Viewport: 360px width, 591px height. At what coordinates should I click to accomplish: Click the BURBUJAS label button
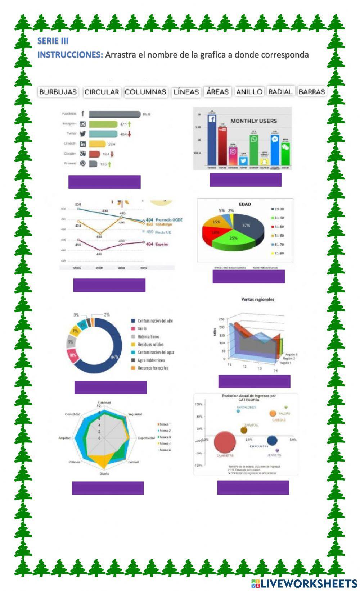pos(58,92)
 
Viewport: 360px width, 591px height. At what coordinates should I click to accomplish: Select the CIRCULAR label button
pos(102,92)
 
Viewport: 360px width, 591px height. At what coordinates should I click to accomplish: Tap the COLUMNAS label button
pos(145,92)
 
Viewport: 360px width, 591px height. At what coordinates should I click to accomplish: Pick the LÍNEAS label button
pos(186,92)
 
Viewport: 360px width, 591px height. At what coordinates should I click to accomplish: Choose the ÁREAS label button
pos(217,92)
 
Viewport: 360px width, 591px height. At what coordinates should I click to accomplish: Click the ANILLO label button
pos(249,92)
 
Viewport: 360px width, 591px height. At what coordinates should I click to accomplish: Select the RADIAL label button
pos(280,92)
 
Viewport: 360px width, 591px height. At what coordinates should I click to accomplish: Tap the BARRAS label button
pos(312,92)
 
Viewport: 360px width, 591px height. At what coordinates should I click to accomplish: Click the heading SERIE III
pos(53,41)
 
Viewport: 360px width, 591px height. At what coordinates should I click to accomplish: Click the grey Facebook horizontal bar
pos(114,114)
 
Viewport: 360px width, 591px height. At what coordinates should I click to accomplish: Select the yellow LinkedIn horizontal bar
pos(97,144)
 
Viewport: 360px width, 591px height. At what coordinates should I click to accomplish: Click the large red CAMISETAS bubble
pos(225,442)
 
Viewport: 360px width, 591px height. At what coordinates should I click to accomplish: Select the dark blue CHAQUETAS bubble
pos(272,440)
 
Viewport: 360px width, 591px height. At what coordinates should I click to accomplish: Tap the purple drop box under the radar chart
pos(108,488)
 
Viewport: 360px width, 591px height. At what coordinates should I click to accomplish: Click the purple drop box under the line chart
pos(109,285)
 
